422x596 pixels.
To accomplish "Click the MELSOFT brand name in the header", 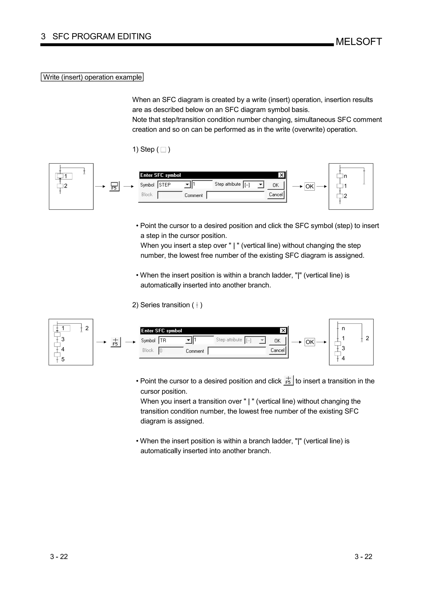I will coord(359,42).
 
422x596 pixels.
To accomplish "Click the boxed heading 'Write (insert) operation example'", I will coord(92,77).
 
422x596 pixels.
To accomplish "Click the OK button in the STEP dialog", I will coord(276,185).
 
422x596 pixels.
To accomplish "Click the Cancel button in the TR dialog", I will coord(277,350).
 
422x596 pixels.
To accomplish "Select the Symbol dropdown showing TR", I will coord(175,340).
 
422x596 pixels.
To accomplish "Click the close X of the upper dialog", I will coord(281,175).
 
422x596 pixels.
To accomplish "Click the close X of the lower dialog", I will coord(283,331).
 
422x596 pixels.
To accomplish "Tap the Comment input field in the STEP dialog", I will coord(235,195).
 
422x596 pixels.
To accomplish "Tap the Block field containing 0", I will coord(171,351).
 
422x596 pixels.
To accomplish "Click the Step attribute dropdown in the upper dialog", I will coord(253,185).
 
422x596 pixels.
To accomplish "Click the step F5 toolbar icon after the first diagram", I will coord(114,186).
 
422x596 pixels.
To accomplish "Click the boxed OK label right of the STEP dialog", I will coord(309,186).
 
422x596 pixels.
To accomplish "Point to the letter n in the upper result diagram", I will coord(345,176).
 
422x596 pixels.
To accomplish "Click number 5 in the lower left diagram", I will coord(63,359).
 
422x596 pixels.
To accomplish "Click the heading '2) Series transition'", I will coord(167,305).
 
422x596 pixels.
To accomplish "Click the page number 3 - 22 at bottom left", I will coord(59,557).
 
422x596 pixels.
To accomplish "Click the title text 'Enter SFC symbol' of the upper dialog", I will coord(161,175).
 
